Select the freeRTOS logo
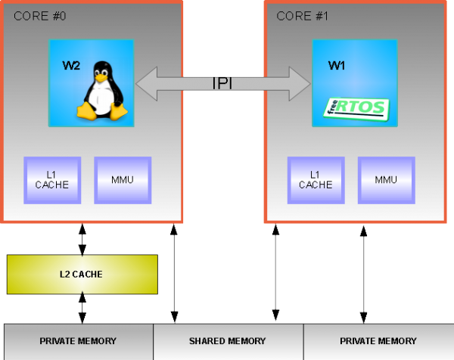[354, 108]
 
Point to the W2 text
[71, 66]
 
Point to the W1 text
[337, 66]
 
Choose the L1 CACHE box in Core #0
[52, 180]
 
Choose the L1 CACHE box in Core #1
[315, 180]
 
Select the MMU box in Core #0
[122, 180]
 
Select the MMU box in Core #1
[386, 180]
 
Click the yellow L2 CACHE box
[82, 274]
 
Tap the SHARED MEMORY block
[228, 341]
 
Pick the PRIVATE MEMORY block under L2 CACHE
[79, 341]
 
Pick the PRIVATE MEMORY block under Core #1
[378, 341]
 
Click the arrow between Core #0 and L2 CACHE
[82, 239]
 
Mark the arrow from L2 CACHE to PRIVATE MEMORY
[82, 309]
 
